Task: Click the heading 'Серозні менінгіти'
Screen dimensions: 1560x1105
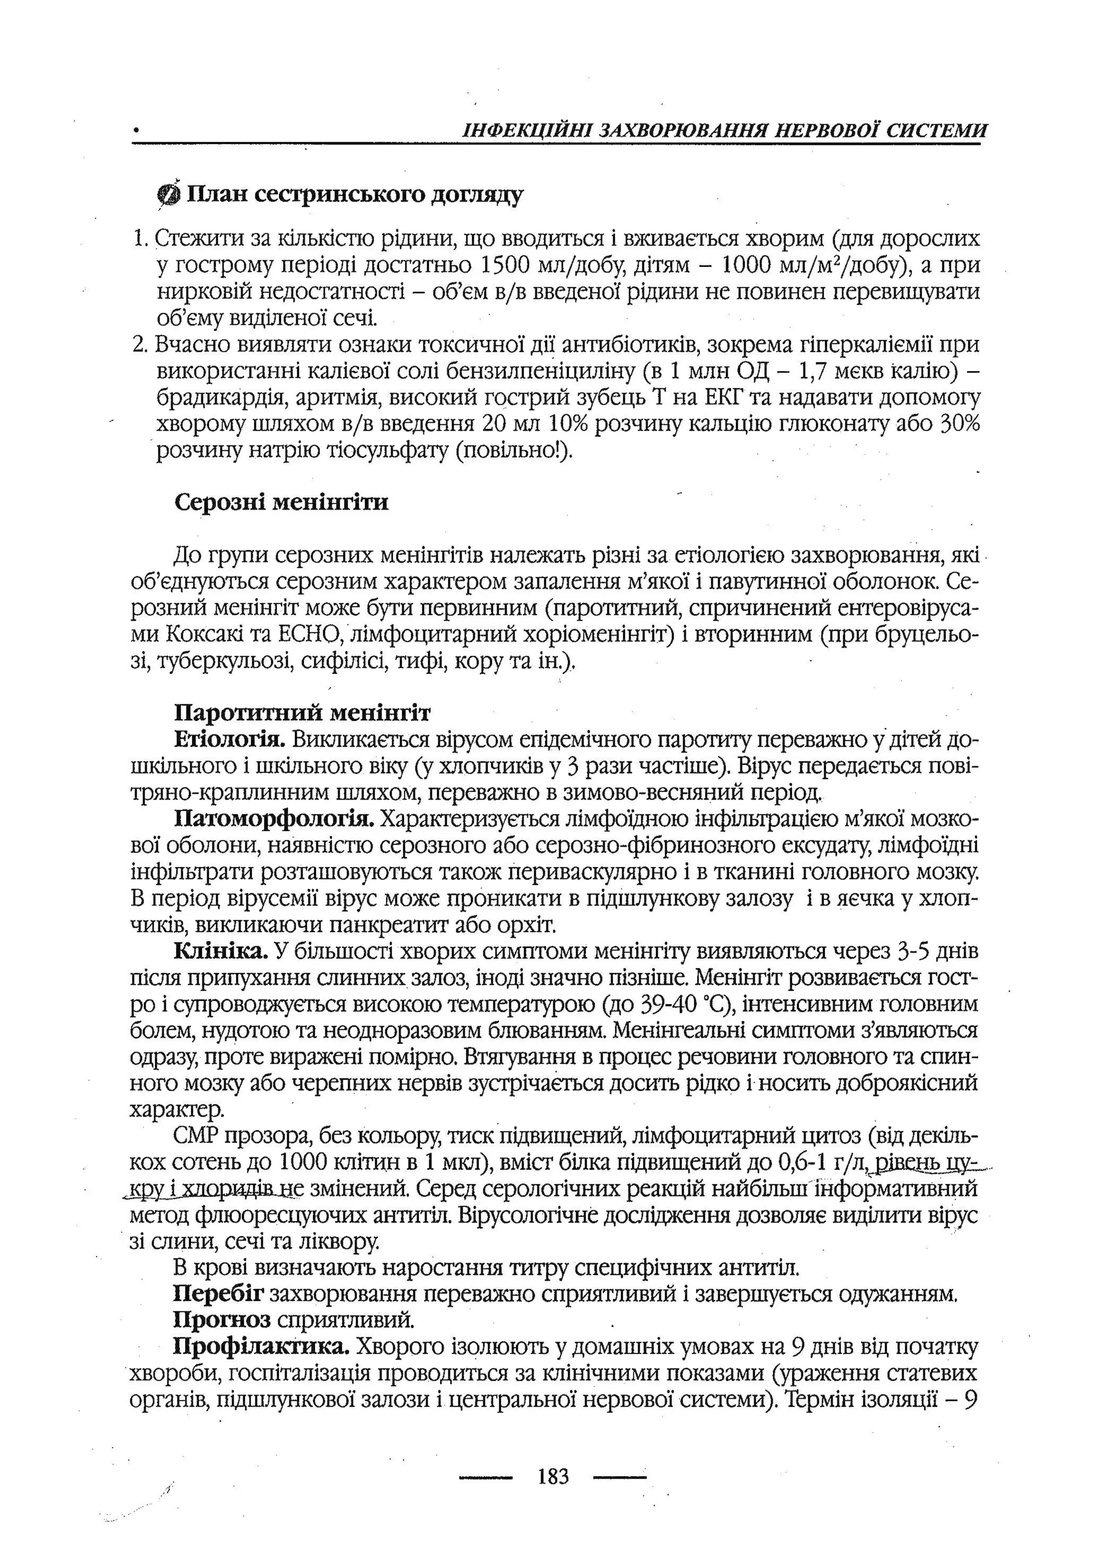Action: coord(282,503)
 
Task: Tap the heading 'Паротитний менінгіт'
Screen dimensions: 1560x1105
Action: coord(302,713)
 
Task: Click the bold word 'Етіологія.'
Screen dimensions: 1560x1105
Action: coord(229,740)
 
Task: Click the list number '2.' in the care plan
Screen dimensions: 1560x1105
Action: coord(141,345)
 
